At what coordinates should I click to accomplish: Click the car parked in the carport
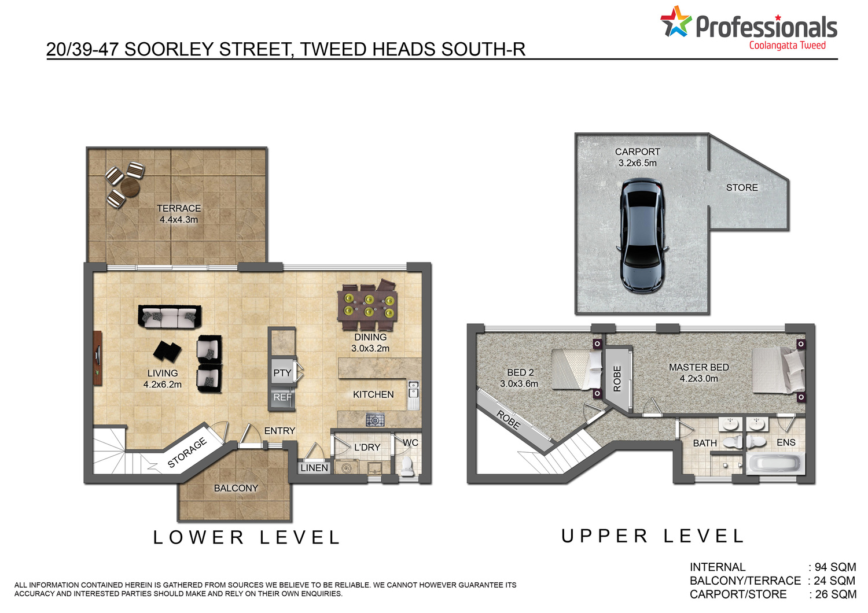(642, 235)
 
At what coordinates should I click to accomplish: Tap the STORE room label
(742, 188)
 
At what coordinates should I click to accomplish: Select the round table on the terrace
(130, 187)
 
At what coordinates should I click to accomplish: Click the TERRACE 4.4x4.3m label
(179, 214)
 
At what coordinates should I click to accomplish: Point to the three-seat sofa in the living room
(170, 317)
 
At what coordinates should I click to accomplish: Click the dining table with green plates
(367, 305)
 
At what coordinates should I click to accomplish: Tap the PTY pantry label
(282, 373)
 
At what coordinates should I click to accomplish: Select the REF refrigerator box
(282, 398)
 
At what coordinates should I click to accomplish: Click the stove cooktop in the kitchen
(375, 420)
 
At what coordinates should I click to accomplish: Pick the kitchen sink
(413, 394)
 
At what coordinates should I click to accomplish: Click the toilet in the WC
(407, 466)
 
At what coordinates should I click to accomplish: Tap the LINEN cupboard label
(314, 468)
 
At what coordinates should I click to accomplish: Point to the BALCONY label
(236, 488)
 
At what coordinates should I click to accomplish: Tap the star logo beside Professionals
(676, 21)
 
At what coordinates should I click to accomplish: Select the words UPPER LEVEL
(653, 536)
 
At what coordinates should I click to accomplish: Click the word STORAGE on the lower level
(187, 453)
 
